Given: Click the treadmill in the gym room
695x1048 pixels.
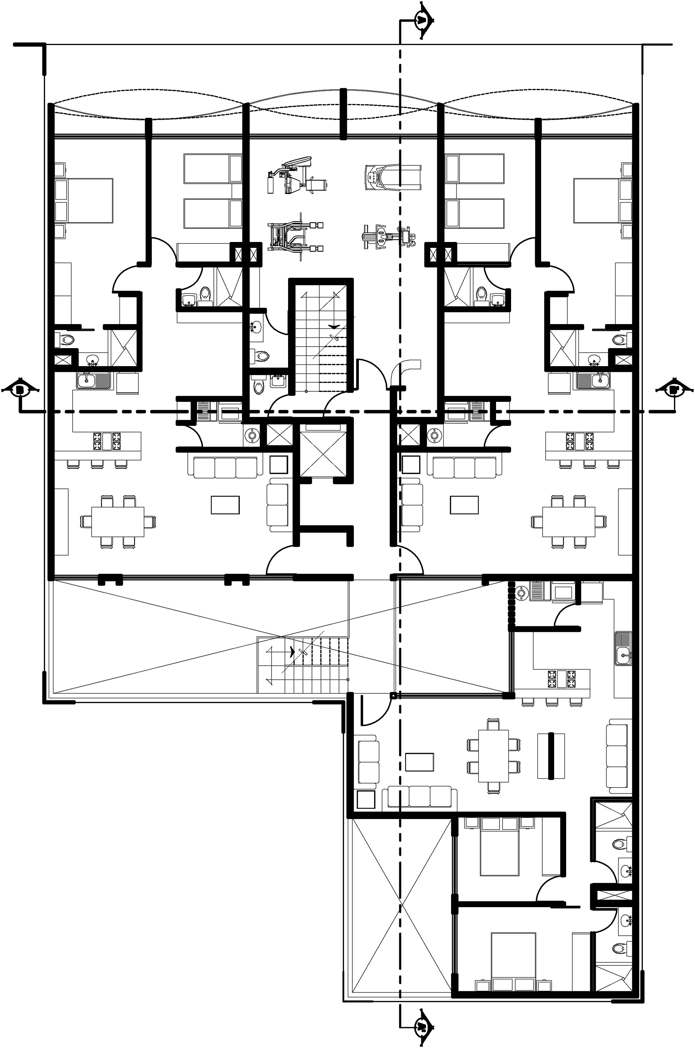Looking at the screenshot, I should pos(393,177).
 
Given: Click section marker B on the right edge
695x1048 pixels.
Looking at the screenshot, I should pos(674,389).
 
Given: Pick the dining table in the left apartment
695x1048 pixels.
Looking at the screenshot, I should pos(118,522).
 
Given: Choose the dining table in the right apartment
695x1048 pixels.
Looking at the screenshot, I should pos(568,522).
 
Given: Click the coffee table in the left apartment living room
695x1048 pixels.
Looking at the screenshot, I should pos(225,505).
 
